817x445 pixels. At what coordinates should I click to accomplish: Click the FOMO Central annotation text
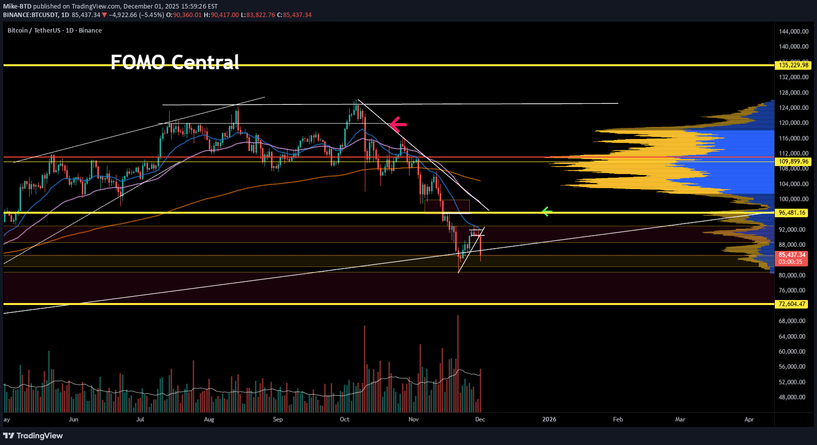point(175,62)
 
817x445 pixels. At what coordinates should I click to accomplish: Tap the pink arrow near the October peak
point(398,123)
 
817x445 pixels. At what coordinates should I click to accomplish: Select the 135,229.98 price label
point(793,65)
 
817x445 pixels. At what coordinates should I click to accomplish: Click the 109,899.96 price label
point(793,162)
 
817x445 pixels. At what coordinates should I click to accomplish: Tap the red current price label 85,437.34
point(792,255)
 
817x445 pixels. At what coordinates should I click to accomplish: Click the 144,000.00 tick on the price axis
point(793,31)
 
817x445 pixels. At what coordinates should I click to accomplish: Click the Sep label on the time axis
point(278,419)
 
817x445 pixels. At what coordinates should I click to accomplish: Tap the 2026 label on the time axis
point(549,419)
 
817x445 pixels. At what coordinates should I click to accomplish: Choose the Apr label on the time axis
point(749,419)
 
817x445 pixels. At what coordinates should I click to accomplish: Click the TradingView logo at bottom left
point(33,435)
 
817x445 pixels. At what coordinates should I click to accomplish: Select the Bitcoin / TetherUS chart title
point(54,31)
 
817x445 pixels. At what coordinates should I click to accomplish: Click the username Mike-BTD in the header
point(17,7)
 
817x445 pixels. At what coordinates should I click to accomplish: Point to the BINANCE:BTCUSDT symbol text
point(31,15)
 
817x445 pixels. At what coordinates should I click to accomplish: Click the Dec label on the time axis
point(480,419)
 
